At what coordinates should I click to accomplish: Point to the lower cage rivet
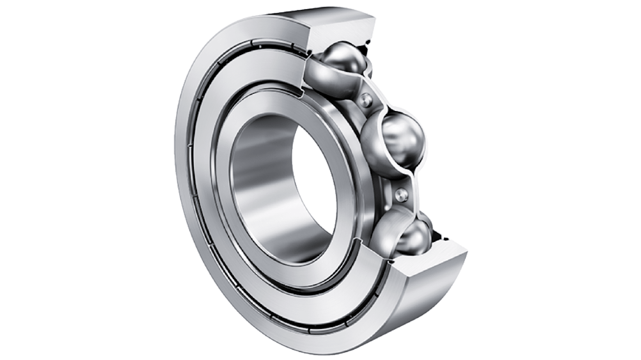tap(401, 195)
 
